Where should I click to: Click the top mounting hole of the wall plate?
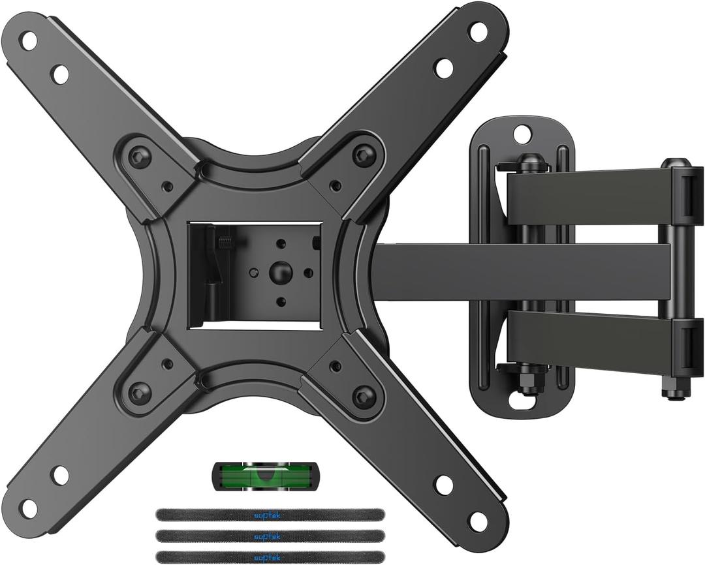coord(522,134)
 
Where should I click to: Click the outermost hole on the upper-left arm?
coord(29,40)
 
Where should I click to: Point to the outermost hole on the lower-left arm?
coord(29,507)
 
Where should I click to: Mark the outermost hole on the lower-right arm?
coord(478,521)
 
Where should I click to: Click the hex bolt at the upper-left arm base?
coord(139,157)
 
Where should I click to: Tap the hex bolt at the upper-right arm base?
coord(364,155)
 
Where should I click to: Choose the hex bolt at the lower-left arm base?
coord(139,393)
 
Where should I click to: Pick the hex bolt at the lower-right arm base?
coord(364,395)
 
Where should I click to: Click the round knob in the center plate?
coord(281,269)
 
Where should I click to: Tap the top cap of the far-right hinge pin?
coord(675,164)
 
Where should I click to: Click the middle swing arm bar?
coord(522,272)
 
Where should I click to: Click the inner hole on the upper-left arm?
coord(59,74)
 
